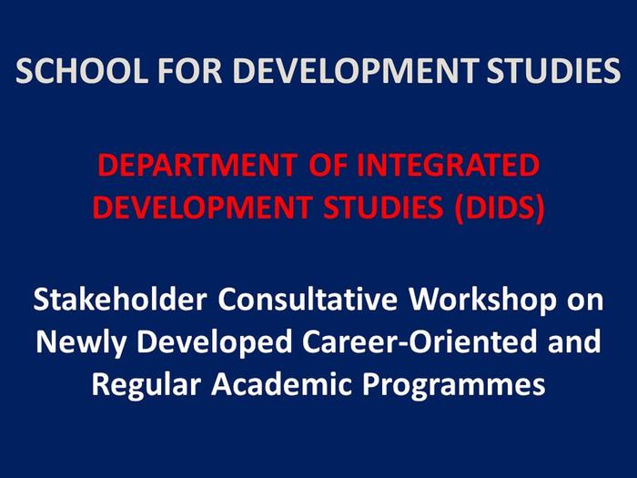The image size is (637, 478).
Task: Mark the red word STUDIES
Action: click(x=375, y=208)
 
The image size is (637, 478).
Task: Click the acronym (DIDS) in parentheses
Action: click(x=500, y=208)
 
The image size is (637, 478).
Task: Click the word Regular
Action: click(x=147, y=383)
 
